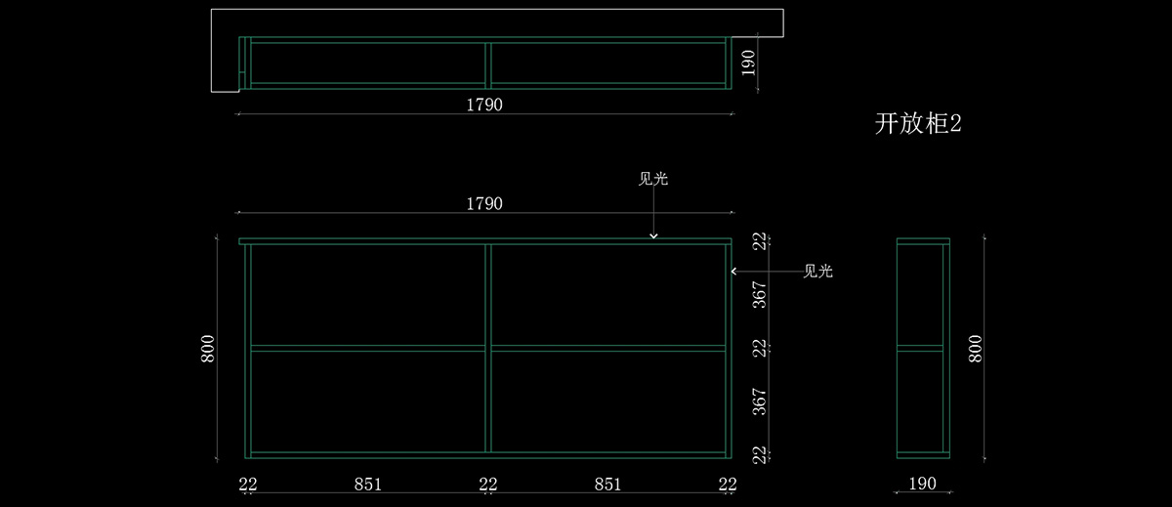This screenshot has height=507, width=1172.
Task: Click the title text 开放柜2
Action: [x=918, y=124]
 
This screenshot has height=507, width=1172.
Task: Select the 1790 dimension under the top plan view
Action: [x=484, y=105]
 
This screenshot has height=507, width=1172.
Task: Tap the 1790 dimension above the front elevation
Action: [x=484, y=203]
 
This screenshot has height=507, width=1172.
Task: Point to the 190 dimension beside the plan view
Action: [x=749, y=63]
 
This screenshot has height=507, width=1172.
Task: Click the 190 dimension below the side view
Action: [x=922, y=484]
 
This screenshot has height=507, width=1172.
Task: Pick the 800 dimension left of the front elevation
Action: [x=208, y=349]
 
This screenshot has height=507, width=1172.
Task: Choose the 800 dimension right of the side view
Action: [x=975, y=349]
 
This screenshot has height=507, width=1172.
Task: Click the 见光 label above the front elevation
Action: [x=653, y=179]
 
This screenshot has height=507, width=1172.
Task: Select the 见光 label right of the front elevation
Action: [x=817, y=272]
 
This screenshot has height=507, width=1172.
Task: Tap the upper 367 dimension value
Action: [x=759, y=294]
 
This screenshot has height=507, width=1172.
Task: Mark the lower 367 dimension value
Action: [x=759, y=401]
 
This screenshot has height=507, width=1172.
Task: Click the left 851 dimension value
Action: [x=367, y=484]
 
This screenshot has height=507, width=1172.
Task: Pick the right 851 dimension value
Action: [x=607, y=484]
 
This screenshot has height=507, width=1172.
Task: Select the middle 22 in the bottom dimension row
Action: [x=488, y=484]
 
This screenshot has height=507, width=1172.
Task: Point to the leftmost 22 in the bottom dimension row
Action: [x=247, y=484]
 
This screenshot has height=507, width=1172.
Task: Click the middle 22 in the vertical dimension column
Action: [x=759, y=348]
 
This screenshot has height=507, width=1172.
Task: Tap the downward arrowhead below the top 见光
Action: [x=653, y=235]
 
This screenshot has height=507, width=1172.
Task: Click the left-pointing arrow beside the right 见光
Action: [x=734, y=272]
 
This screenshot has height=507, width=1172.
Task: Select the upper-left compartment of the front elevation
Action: [x=367, y=294]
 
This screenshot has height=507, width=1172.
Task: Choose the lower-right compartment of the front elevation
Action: [x=607, y=401]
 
